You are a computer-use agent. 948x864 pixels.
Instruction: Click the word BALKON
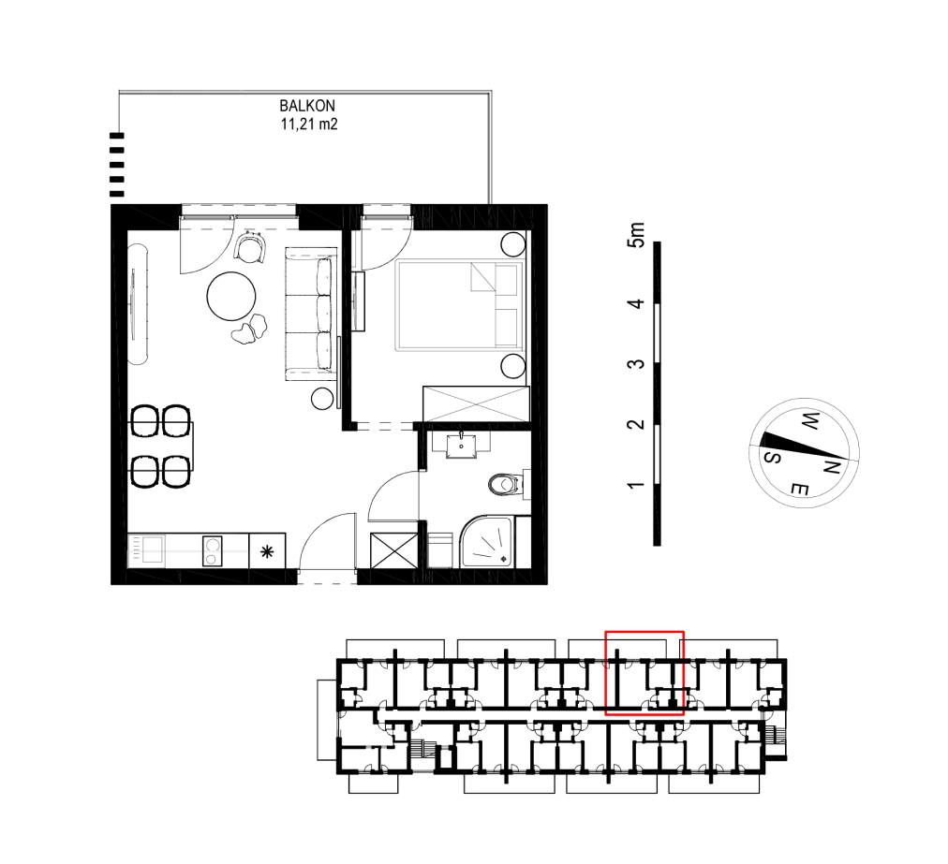[x=307, y=106]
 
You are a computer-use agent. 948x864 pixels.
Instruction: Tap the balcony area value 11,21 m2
[x=309, y=124]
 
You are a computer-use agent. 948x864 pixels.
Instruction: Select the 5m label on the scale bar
[x=637, y=234]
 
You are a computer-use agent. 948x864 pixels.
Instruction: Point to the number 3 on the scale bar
[x=636, y=364]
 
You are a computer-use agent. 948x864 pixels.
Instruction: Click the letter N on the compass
[x=833, y=466]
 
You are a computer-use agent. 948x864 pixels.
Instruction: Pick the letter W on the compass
[x=809, y=420]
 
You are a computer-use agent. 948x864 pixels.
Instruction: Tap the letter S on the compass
[x=773, y=457]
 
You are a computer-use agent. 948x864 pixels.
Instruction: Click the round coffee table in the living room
[x=231, y=297]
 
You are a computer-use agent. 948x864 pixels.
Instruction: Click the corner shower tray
[x=487, y=542]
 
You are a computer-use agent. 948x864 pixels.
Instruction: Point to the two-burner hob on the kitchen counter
[x=212, y=551]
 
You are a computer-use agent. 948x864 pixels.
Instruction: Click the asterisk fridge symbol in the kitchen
[x=267, y=551]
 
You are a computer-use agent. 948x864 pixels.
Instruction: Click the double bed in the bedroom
[x=460, y=305]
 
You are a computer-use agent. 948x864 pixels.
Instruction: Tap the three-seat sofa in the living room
[x=310, y=314]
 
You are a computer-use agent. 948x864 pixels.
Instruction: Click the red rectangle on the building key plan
[x=644, y=673]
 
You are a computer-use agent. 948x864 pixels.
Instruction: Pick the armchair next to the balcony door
[x=251, y=247]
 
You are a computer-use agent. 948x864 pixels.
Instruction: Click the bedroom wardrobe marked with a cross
[x=476, y=403]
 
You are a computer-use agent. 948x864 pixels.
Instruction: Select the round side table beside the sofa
[x=322, y=399]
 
